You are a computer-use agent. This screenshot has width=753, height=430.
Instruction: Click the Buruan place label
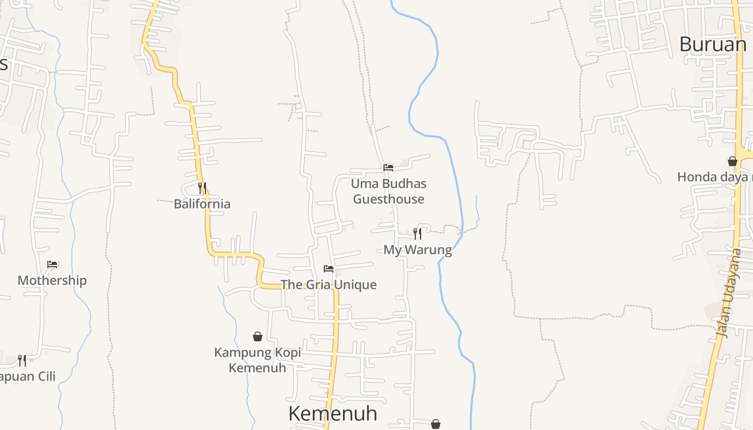pyautogui.click(x=713, y=44)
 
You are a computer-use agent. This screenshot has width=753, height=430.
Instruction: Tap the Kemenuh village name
pyautogui.click(x=332, y=413)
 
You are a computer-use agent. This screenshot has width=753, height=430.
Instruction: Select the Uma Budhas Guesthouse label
pyautogui.click(x=388, y=191)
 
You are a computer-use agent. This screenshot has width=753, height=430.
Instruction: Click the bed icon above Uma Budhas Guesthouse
pyautogui.click(x=388, y=168)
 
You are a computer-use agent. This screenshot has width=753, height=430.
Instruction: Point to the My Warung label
pyautogui.click(x=417, y=250)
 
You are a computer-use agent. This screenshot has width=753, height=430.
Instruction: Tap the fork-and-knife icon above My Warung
pyautogui.click(x=417, y=233)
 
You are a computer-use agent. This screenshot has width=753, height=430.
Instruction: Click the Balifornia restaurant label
pyautogui.click(x=202, y=204)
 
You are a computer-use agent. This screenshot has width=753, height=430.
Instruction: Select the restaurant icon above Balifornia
pyautogui.click(x=202, y=188)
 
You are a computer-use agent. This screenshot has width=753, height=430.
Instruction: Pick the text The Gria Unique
pyautogui.click(x=328, y=285)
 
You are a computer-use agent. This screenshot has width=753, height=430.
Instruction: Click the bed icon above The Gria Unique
pyautogui.click(x=329, y=269)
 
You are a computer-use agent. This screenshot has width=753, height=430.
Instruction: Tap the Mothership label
pyautogui.click(x=52, y=281)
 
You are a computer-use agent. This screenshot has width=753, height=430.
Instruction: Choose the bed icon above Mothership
pyautogui.click(x=52, y=264)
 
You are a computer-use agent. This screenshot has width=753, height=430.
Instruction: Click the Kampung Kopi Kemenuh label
pyautogui.click(x=258, y=360)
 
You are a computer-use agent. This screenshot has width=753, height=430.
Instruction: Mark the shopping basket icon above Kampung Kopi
pyautogui.click(x=258, y=336)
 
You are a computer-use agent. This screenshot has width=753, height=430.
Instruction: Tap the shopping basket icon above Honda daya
pyautogui.click(x=732, y=161)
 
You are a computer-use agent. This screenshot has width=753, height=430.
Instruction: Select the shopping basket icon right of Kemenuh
pyautogui.click(x=436, y=424)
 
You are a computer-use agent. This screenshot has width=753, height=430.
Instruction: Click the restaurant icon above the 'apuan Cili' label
pyautogui.click(x=22, y=360)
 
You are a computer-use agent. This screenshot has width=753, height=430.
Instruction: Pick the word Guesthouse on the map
pyautogui.click(x=388, y=199)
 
